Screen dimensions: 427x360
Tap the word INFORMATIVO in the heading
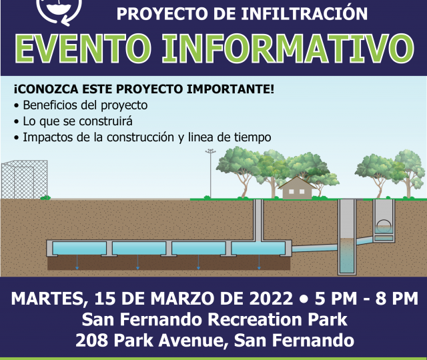(x=288, y=49)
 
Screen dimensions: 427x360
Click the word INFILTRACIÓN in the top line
(x=304, y=13)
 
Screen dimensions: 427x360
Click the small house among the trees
(x=297, y=188)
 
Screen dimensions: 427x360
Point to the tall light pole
(x=211, y=173)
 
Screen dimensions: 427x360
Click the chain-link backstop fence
(x=25, y=180)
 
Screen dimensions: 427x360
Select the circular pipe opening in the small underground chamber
(x=384, y=225)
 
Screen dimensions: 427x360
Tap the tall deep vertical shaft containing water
(x=347, y=237)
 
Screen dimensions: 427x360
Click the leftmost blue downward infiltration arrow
(x=77, y=262)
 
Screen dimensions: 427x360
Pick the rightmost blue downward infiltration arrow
(x=259, y=262)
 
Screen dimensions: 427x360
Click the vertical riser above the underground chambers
(x=258, y=220)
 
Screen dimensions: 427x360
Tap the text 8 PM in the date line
(x=397, y=299)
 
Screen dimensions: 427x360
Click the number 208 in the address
(x=92, y=341)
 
